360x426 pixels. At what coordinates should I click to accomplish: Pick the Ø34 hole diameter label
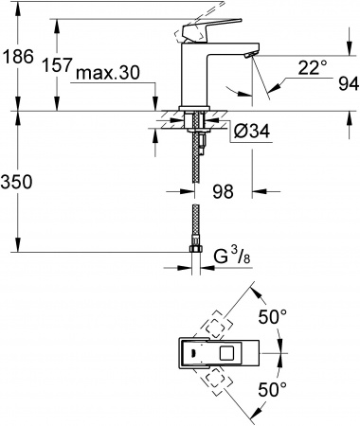coord(251,133)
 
